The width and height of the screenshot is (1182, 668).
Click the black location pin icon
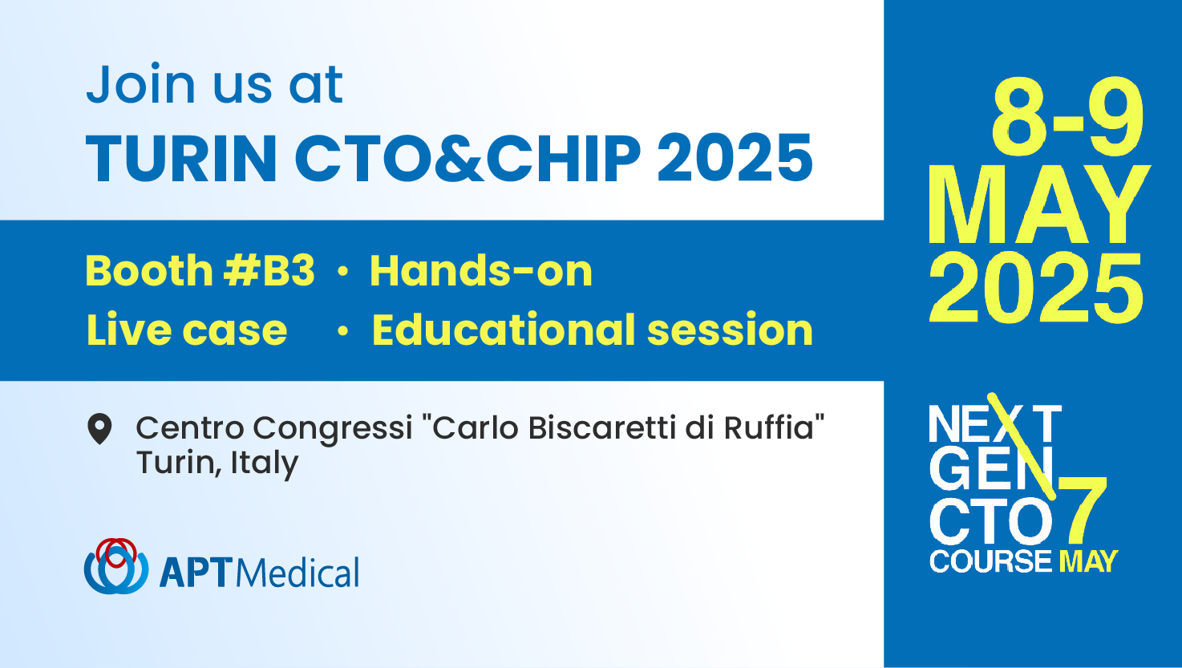coord(99,429)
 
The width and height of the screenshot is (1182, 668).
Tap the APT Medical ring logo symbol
coord(116,566)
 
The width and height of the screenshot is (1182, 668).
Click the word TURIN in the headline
coord(181,158)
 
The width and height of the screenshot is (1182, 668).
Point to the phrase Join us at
coord(215,84)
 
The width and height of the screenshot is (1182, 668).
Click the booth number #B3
coord(269,271)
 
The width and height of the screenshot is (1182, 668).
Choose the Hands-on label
coord(480,271)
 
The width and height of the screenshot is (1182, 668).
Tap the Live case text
coord(187,330)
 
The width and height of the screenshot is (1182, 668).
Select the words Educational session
coord(592,330)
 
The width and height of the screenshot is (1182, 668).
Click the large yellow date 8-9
coord(1067,117)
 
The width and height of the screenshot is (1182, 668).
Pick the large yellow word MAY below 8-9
coord(1038,204)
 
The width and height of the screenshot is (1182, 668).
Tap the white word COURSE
coord(990,561)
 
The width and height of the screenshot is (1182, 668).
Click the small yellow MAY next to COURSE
coord(1088,561)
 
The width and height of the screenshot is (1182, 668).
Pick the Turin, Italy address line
coord(217,463)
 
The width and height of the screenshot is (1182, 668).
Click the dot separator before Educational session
coord(343,331)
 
